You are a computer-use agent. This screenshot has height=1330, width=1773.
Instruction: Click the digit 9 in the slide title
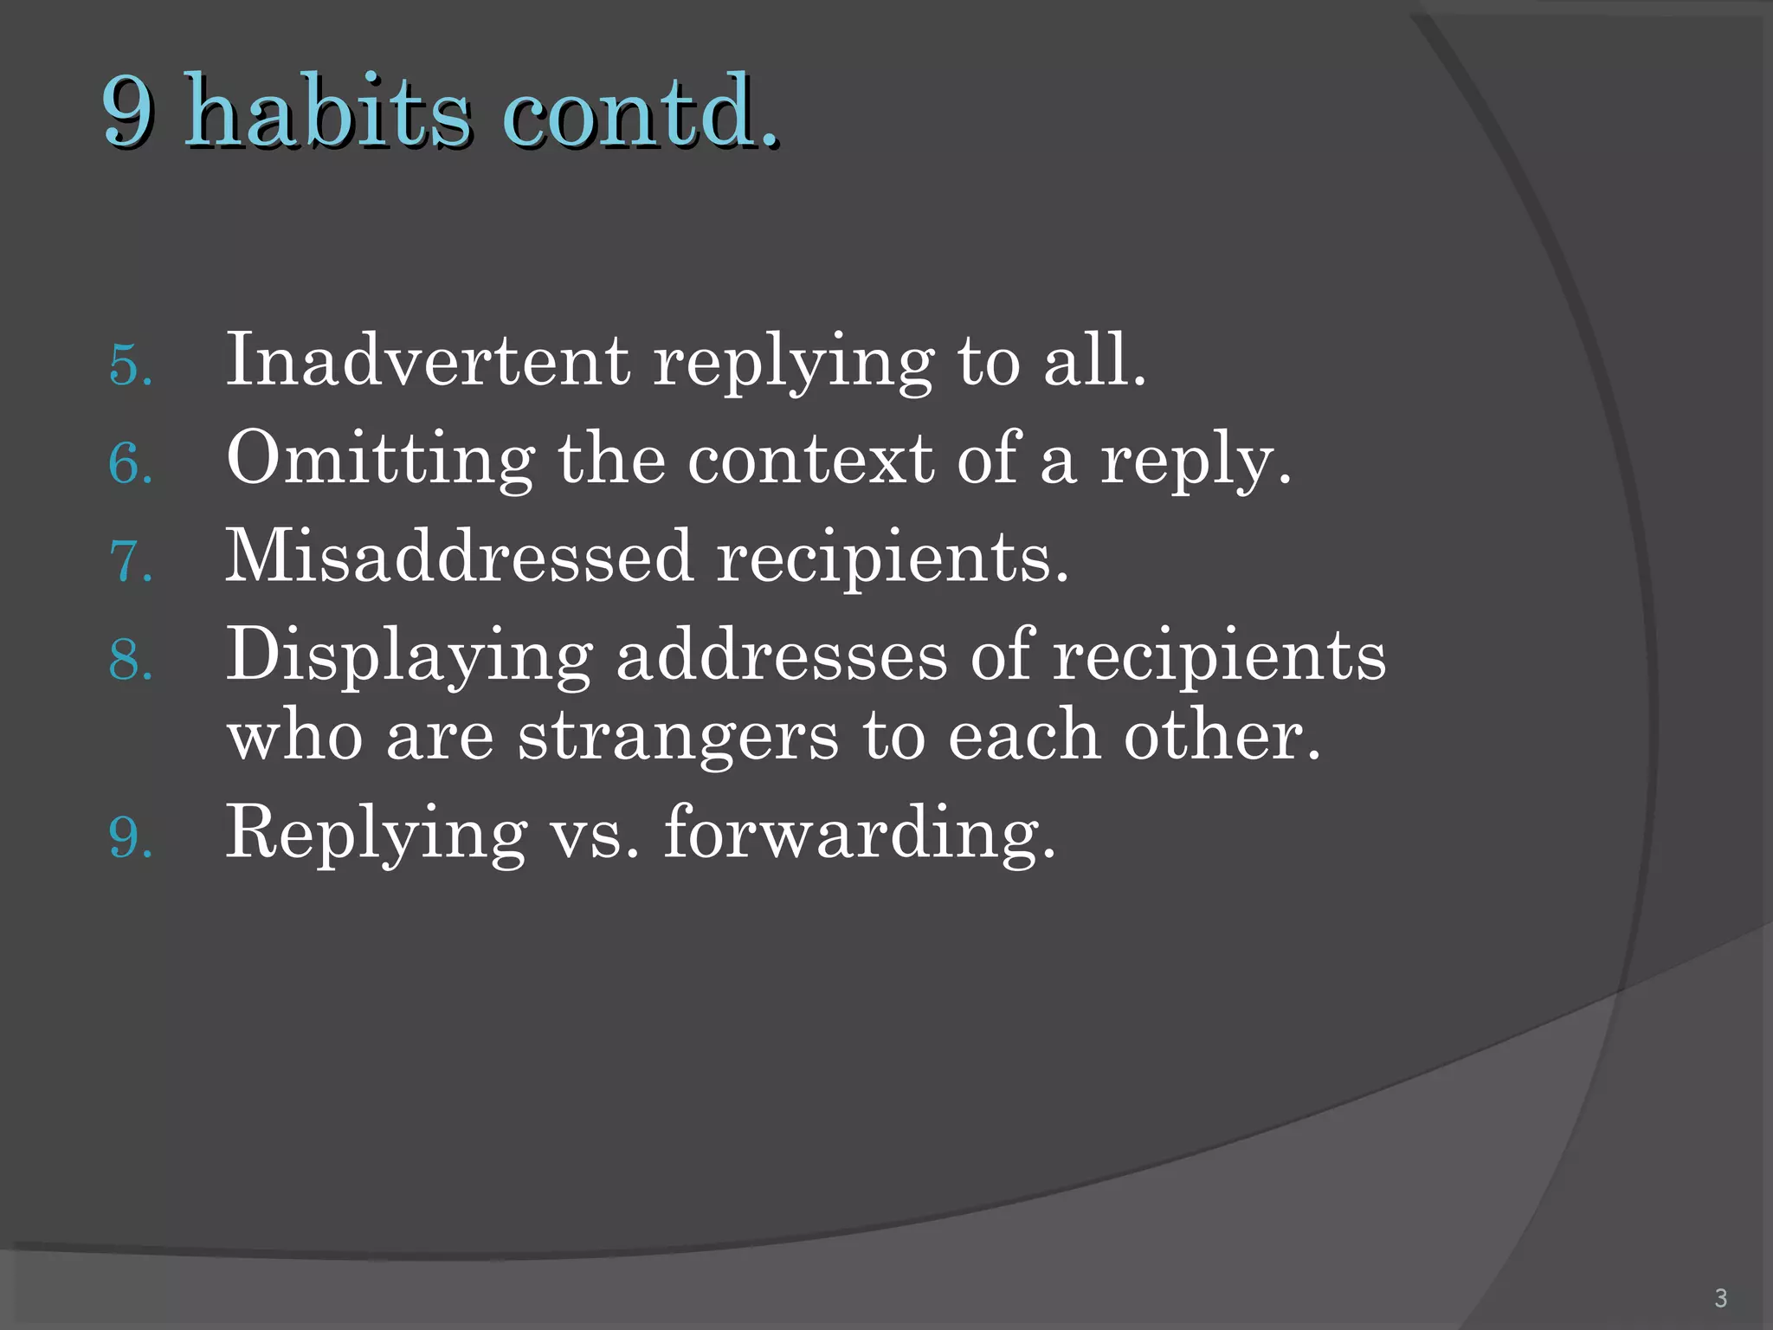(129, 113)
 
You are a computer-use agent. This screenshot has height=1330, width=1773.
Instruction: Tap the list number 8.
(131, 660)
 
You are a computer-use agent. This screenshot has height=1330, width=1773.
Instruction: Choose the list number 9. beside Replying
(131, 838)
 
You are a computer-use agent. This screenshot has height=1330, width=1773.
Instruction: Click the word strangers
(678, 736)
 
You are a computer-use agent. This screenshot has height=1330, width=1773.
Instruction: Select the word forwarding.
(860, 833)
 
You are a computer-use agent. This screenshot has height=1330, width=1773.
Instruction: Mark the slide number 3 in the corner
(1720, 1298)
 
